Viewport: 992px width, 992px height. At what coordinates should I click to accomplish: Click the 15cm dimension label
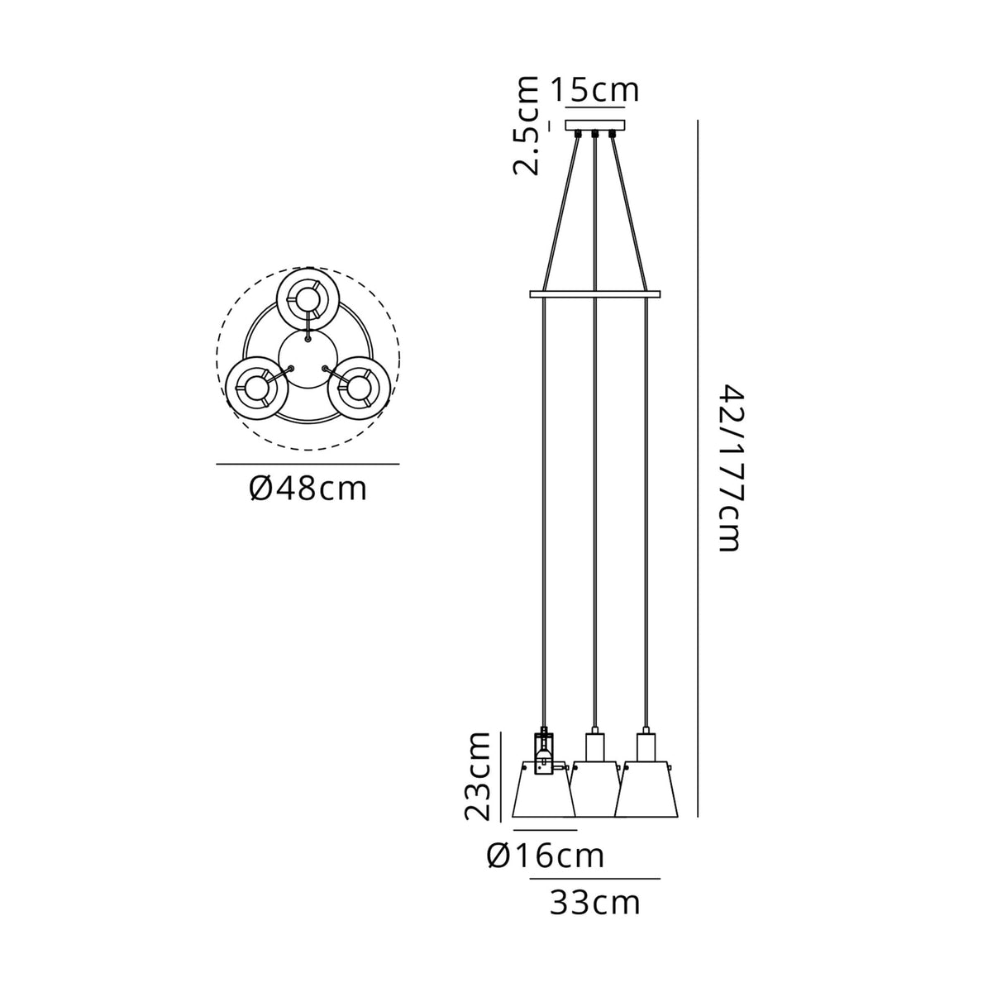[595, 90]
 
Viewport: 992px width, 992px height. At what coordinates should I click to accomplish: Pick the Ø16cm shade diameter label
[545, 856]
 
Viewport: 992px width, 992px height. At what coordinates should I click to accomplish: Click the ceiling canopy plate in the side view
[595, 125]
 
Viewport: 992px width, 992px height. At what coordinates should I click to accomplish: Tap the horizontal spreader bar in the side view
[595, 294]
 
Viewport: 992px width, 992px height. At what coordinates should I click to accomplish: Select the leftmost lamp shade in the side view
[544, 794]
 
